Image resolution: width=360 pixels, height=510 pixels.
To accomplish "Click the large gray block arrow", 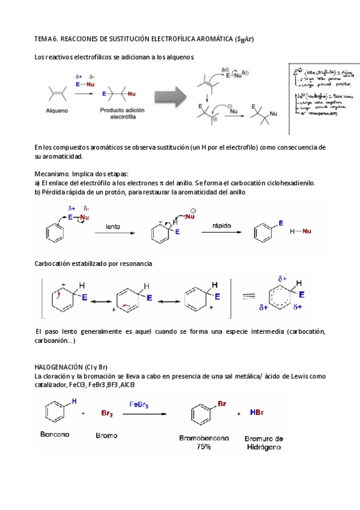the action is click(172, 95).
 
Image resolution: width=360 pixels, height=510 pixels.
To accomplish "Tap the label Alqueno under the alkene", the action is click(58, 111).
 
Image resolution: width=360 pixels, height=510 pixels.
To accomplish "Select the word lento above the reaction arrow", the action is click(113, 227).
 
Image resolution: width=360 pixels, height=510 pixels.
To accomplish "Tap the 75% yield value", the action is click(203, 447).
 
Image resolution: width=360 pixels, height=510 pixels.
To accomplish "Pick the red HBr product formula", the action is click(255, 413).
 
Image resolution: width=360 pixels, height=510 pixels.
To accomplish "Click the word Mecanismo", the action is click(53, 173).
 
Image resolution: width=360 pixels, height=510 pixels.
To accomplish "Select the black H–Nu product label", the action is click(301, 231).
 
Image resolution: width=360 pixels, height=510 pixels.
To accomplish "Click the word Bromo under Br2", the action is click(107, 435).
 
